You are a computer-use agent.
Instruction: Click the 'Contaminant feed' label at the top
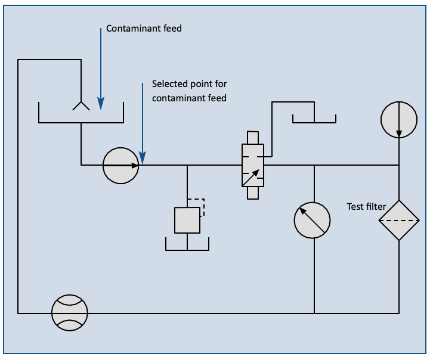[144, 29]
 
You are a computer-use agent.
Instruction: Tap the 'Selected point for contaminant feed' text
[189, 91]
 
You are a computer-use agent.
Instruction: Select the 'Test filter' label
[366, 207]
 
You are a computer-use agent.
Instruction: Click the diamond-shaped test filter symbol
[398, 220]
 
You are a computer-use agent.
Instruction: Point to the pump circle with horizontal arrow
[121, 165]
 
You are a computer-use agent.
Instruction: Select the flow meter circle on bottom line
[70, 312]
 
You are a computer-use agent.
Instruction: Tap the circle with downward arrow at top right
[398, 119]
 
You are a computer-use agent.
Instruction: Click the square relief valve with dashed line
[187, 220]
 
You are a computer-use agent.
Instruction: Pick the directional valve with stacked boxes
[253, 165]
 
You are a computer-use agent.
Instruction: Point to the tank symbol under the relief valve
[187, 244]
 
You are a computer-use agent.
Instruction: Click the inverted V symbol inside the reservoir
[81, 106]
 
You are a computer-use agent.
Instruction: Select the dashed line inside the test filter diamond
[398, 220]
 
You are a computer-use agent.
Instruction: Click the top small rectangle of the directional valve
[253, 137]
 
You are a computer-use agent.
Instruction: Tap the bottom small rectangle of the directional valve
[253, 193]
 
